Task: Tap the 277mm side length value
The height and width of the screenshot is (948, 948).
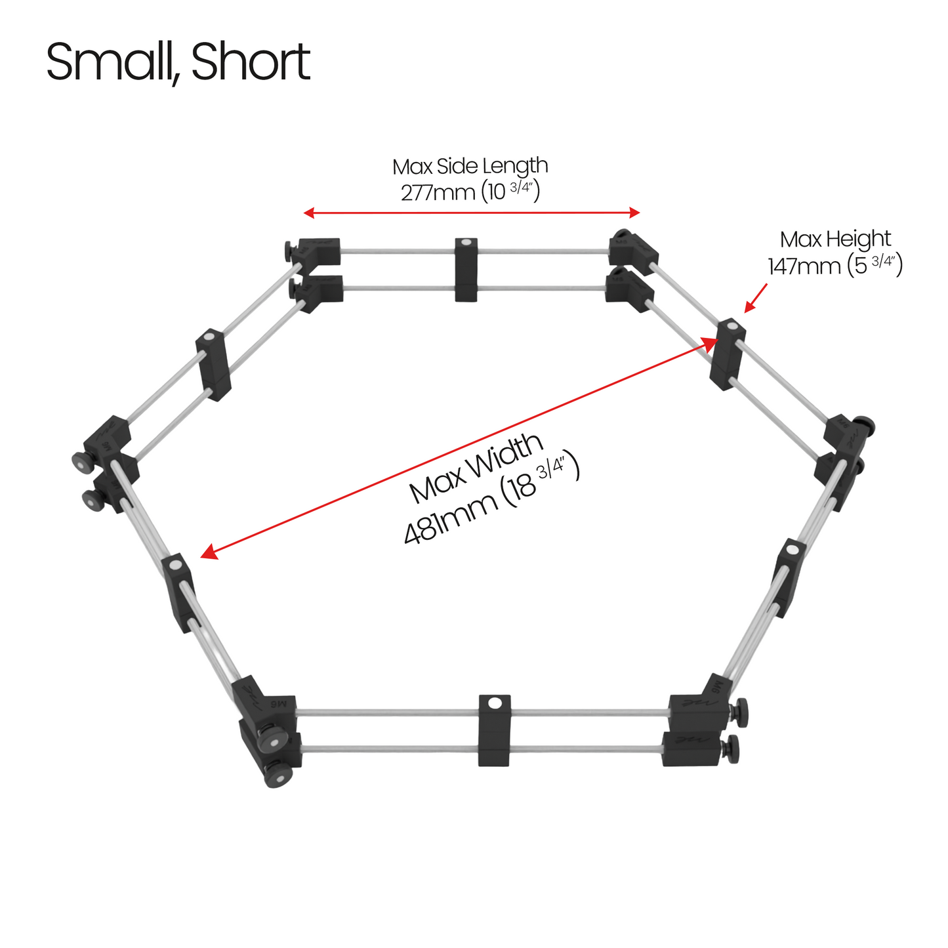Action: (x=438, y=192)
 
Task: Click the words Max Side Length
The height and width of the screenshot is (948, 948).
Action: (x=470, y=166)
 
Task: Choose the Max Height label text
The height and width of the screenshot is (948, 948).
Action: (x=835, y=239)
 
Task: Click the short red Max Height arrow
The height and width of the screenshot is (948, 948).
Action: (x=756, y=298)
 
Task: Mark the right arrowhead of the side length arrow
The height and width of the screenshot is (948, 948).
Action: (x=634, y=213)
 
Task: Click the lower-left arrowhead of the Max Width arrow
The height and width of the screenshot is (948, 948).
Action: (x=209, y=552)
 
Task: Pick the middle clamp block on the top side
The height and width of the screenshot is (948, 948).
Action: (x=466, y=270)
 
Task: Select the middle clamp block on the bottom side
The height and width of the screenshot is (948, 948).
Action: (x=495, y=730)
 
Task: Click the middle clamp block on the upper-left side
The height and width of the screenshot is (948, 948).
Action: (x=213, y=364)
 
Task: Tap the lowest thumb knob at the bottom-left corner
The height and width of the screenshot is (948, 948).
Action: (x=278, y=776)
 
